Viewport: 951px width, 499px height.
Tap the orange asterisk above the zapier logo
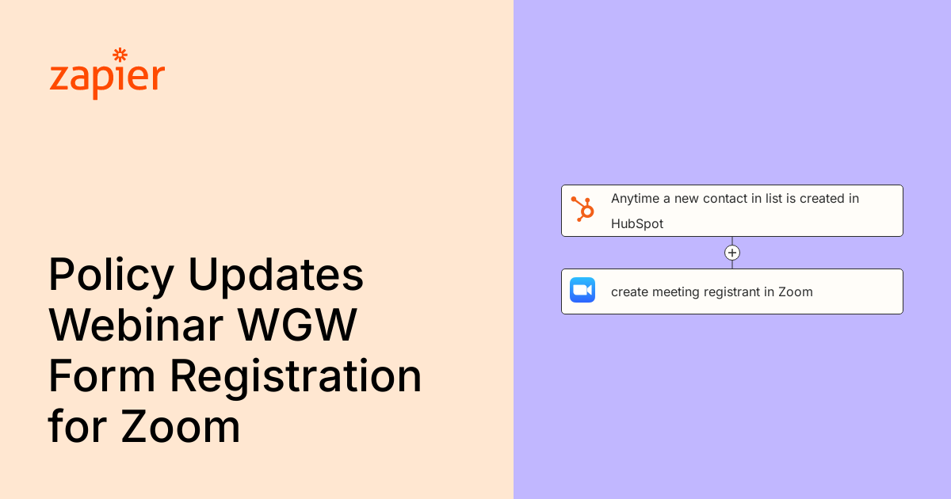(120, 55)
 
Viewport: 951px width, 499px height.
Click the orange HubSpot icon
(582, 209)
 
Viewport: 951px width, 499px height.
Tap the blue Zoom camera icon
(582, 290)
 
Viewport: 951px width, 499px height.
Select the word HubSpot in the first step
(637, 224)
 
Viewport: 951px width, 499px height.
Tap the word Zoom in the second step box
(796, 292)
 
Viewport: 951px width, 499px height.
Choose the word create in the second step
(630, 292)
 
